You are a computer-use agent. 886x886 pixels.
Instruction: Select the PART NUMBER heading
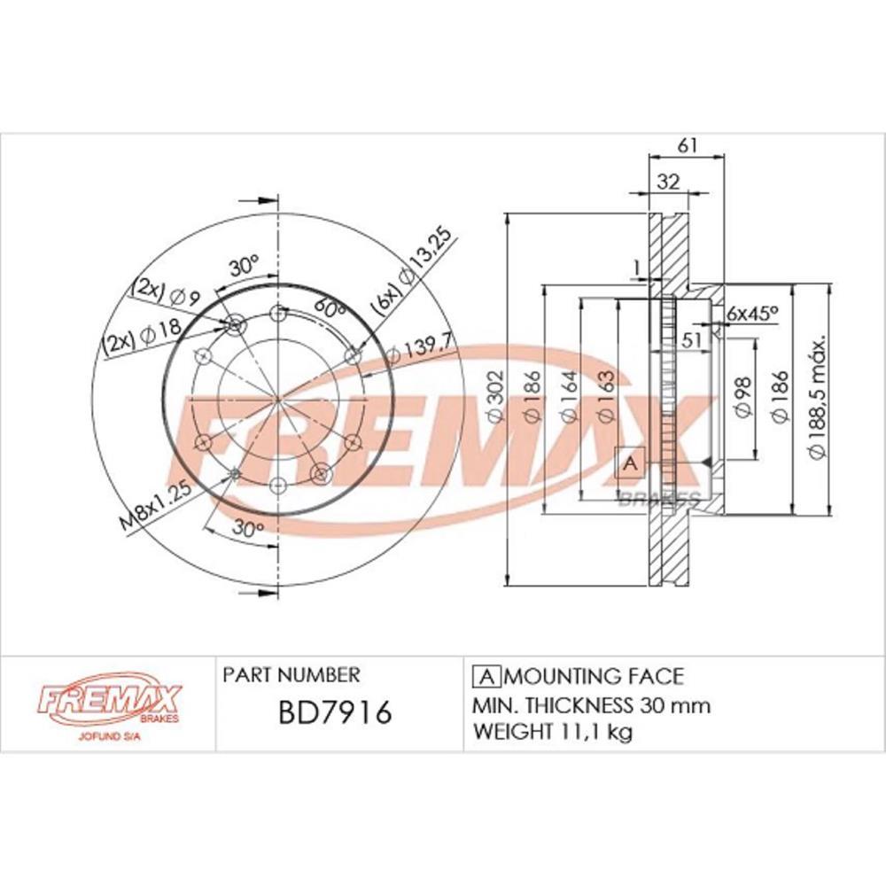pyautogui.click(x=291, y=675)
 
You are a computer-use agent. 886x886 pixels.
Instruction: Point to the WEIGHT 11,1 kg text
pyautogui.click(x=553, y=732)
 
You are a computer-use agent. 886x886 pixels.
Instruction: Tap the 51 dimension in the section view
pyautogui.click(x=692, y=338)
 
